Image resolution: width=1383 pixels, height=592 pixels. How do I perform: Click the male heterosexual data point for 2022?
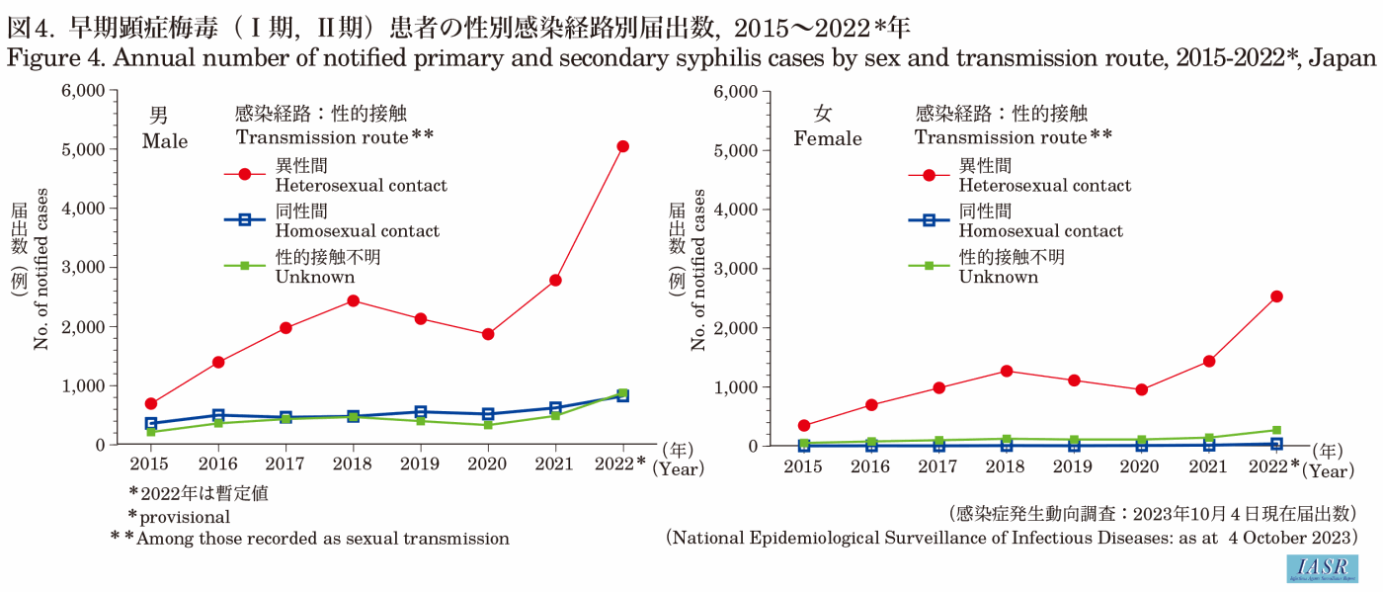tap(622, 146)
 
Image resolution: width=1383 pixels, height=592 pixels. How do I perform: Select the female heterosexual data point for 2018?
tap(1007, 371)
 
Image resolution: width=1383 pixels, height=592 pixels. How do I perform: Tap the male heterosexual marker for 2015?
tap(151, 403)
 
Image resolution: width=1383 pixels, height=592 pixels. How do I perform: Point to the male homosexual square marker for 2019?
tap(421, 412)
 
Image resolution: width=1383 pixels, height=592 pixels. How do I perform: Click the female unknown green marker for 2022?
tap(1276, 430)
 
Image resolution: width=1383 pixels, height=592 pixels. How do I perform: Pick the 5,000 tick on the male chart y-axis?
tap(85, 149)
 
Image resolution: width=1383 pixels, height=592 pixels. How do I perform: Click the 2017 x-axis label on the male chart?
tap(285, 463)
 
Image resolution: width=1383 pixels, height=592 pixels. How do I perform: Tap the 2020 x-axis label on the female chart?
tap(1141, 464)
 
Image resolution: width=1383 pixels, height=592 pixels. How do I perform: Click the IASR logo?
tap(1322, 568)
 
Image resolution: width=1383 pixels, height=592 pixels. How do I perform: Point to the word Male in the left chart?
tap(165, 141)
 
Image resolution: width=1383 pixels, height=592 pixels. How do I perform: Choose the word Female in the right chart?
tap(828, 139)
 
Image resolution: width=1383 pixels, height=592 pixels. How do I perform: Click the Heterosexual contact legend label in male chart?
tap(361, 185)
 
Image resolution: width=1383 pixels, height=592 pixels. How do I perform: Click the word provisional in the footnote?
tap(185, 516)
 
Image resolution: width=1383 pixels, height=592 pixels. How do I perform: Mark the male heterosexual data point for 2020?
tap(488, 334)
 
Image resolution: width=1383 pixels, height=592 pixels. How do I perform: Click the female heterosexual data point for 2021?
tap(1208, 361)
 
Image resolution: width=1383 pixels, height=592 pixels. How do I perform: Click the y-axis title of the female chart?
tap(699, 269)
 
